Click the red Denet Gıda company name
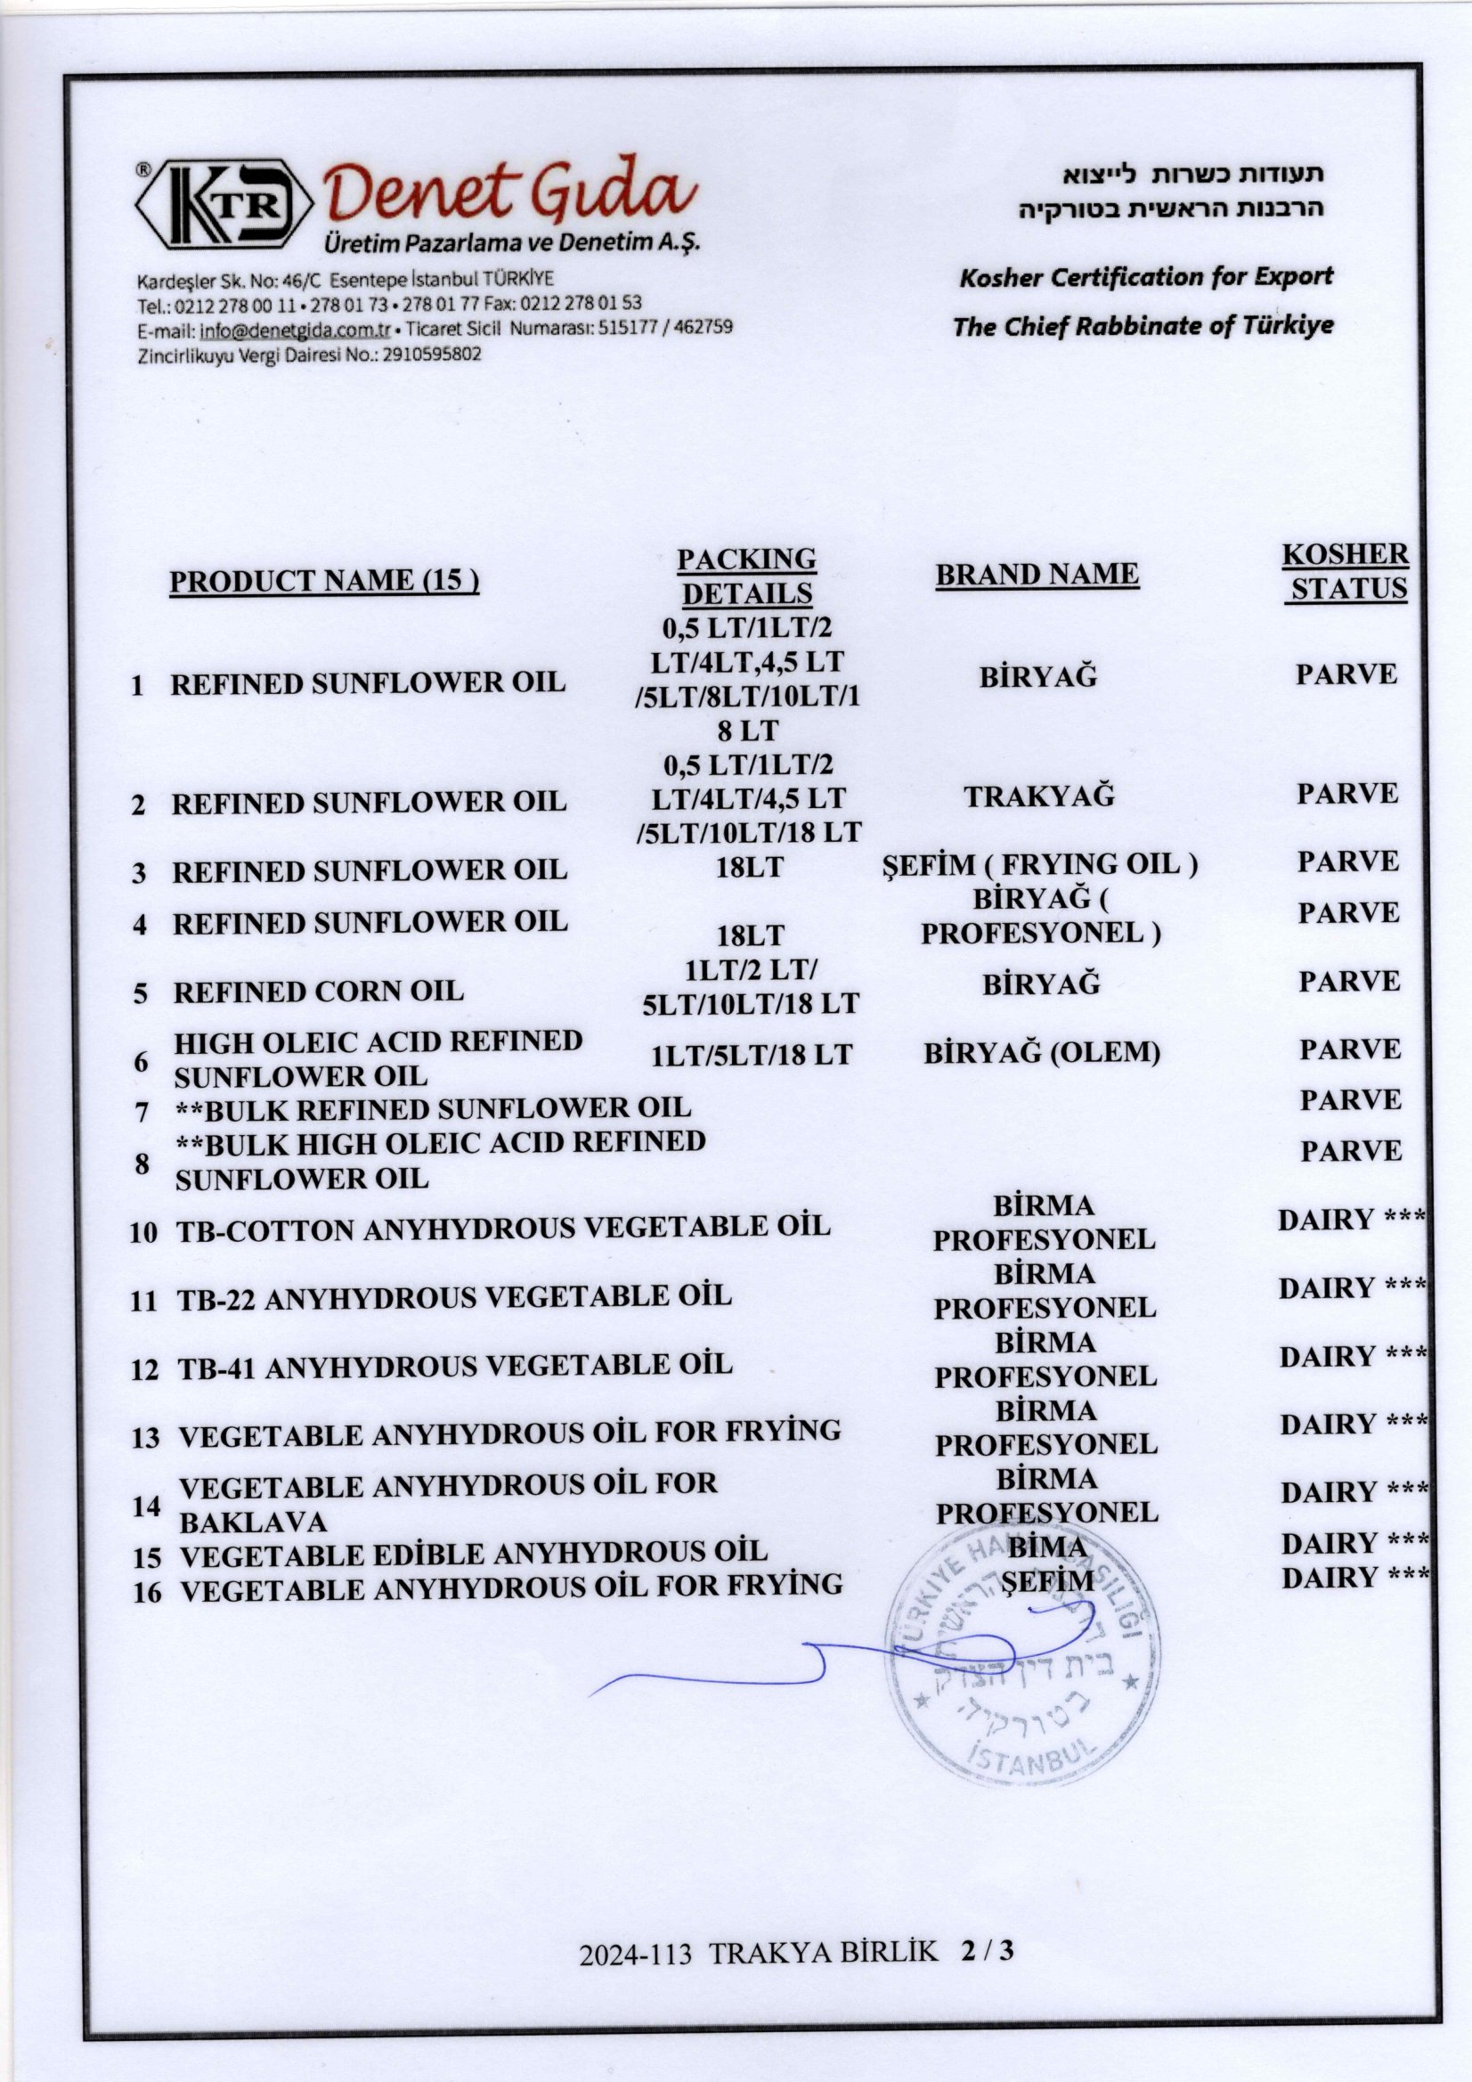point(509,192)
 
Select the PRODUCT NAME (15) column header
point(323,581)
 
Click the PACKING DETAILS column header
point(746,576)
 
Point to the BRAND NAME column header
point(1037,575)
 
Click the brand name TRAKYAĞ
point(1037,796)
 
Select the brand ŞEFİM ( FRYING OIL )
point(1039,864)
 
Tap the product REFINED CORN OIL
point(318,992)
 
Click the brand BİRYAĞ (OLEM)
point(1042,1053)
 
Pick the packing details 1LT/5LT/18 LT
point(752,1055)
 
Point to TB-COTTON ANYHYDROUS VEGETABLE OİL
point(503,1229)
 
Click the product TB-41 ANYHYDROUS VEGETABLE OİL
point(454,1366)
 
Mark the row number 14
point(146,1506)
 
